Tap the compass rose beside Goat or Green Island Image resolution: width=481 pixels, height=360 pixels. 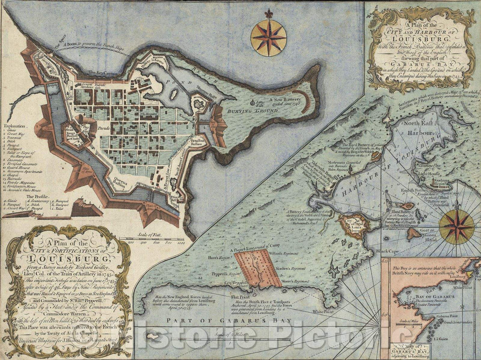point(457,227)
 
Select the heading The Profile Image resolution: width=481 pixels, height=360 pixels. point(38,195)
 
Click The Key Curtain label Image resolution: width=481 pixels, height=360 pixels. point(99,72)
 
